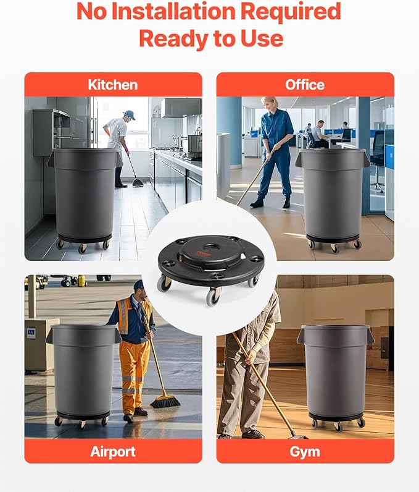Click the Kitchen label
[x=113, y=85]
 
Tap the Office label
[x=305, y=85]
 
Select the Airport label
[x=113, y=451]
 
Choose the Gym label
[x=305, y=451]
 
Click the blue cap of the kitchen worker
[x=130, y=114]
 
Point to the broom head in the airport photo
[x=165, y=402]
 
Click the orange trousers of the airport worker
[x=134, y=377]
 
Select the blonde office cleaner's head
[x=270, y=103]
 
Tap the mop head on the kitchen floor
[x=138, y=183]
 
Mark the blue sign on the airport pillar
[x=31, y=333]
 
